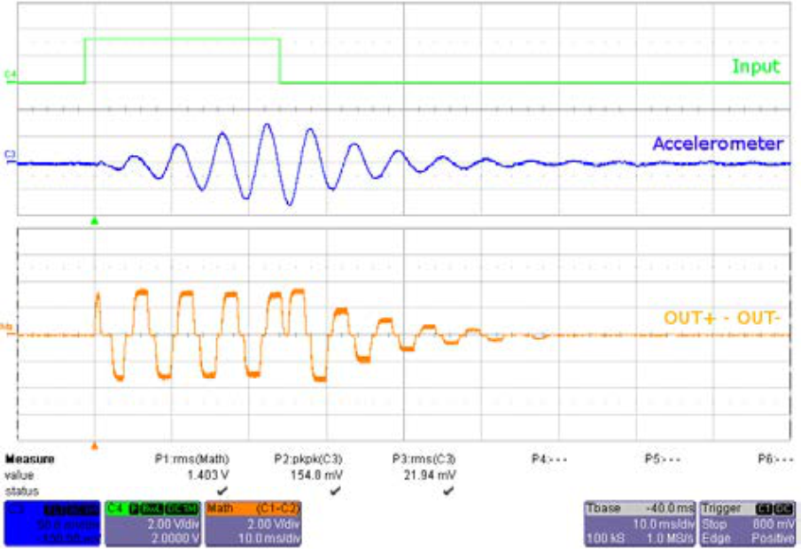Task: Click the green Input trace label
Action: pyautogui.click(x=755, y=66)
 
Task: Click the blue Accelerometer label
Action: pyautogui.click(x=718, y=143)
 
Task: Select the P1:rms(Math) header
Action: pyautogui.click(x=192, y=460)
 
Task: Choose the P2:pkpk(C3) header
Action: pyautogui.click(x=307, y=460)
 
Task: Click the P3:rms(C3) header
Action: pyautogui.click(x=424, y=460)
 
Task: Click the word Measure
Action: pyautogui.click(x=30, y=460)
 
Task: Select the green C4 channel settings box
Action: pyautogui.click(x=152, y=523)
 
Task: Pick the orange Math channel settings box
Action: pyautogui.click(x=253, y=523)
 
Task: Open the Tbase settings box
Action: pyautogui.click(x=639, y=523)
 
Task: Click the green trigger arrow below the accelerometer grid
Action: pyautogui.click(x=94, y=221)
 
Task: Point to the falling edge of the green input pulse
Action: pyautogui.click(x=280, y=61)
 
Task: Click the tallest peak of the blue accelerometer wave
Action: pyautogui.click(x=266, y=125)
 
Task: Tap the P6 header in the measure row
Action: pyautogui.click(x=768, y=460)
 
